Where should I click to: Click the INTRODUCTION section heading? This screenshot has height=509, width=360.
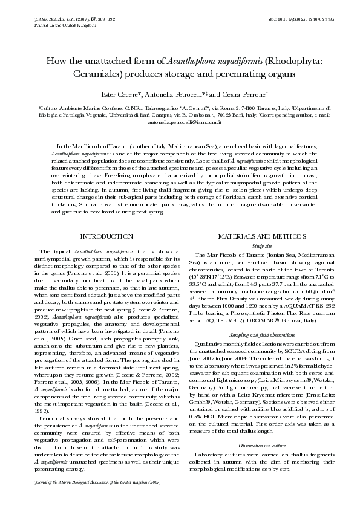tap(106, 236)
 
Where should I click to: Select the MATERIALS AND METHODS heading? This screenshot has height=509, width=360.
tap(254, 236)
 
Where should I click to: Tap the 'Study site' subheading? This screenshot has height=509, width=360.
tap(254, 246)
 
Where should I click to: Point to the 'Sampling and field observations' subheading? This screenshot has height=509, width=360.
tap(254, 334)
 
